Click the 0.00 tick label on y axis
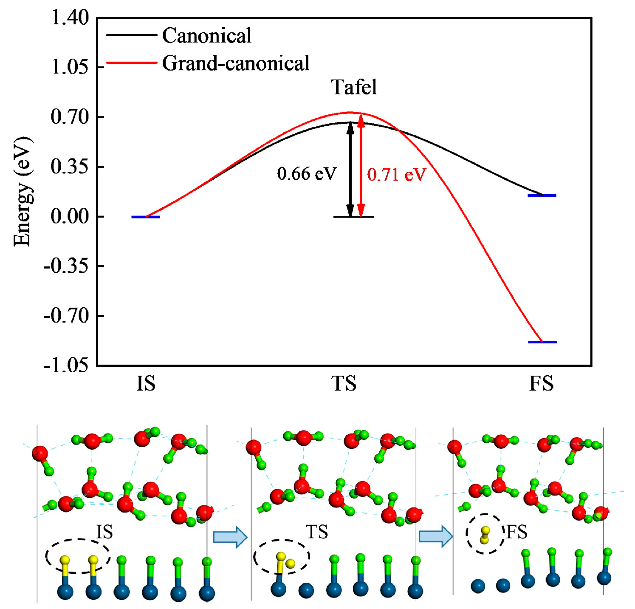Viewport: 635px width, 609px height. click(70, 216)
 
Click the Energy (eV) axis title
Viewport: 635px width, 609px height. click(22, 191)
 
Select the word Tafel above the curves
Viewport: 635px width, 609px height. click(354, 88)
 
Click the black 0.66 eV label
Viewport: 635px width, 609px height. click(307, 173)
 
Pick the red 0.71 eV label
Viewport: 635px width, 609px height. click(396, 174)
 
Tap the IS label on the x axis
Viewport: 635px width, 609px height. click(146, 383)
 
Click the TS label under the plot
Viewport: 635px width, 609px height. click(344, 383)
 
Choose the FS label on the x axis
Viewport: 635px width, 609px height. click(542, 383)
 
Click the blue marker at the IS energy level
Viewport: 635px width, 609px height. click(146, 217)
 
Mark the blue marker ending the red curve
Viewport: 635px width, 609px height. click(542, 342)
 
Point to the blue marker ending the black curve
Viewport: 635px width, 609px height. click(542, 195)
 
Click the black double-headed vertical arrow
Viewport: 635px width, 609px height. click(350, 170)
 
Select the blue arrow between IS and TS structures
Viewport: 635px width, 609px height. click(230, 537)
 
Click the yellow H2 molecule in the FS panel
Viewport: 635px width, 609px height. click(485, 535)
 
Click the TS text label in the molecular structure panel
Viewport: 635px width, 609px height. click(317, 532)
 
